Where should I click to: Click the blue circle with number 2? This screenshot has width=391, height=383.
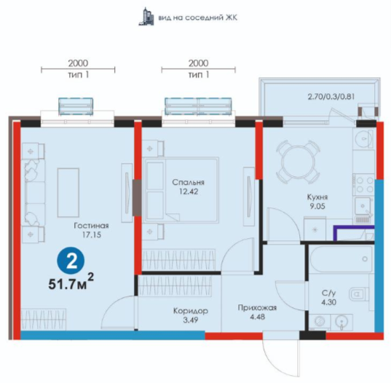pos(71,261)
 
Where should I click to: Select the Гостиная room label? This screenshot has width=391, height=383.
pos(91,226)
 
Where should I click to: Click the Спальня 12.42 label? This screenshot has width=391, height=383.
pos(189,186)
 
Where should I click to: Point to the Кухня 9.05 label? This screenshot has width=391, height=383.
pos(317,202)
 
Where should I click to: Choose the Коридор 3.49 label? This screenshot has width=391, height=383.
pos(191,315)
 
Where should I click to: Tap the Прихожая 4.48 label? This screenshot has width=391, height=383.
pos(257,312)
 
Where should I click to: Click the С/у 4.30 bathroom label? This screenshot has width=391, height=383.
pos(328,298)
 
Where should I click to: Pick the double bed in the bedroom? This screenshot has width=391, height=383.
pos(181,189)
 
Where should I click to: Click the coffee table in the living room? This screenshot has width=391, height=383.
pos(68,193)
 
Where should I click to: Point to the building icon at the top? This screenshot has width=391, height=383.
pos(146,17)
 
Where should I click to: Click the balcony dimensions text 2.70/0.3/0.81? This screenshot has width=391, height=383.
pos(331,97)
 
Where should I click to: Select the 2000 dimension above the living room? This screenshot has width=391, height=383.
pos(78,63)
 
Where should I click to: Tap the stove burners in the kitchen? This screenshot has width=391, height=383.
pos(365,185)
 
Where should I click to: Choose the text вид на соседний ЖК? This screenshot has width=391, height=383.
pos(198,17)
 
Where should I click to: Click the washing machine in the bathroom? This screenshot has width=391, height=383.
pos(319,321)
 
